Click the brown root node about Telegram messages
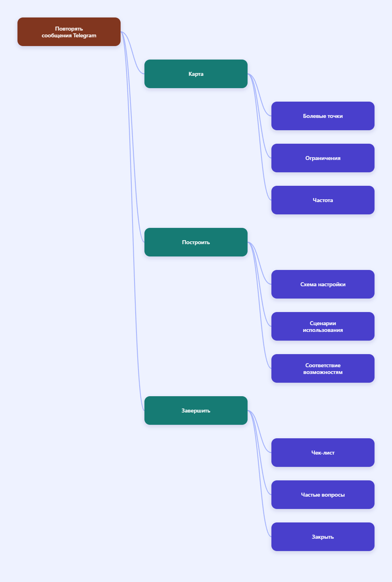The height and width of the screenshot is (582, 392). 69,32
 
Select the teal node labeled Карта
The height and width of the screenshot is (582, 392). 196,74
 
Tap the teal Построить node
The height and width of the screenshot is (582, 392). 196,242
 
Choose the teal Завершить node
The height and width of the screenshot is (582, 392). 196,410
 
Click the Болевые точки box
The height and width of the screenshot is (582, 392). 323,116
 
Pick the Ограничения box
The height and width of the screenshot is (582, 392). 323,158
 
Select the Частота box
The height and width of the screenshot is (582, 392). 323,200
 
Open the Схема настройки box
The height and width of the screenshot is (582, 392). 323,284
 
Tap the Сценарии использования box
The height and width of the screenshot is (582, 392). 323,326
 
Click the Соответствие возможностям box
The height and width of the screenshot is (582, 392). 323,368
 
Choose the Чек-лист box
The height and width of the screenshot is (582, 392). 323,453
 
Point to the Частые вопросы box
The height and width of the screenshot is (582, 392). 323,495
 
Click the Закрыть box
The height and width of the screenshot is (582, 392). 323,537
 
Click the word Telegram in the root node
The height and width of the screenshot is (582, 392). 85,36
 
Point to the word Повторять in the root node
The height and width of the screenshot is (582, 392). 69,29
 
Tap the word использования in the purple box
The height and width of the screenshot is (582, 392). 323,330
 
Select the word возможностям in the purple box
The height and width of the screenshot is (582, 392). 323,372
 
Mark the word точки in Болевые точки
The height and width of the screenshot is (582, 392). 335,116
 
